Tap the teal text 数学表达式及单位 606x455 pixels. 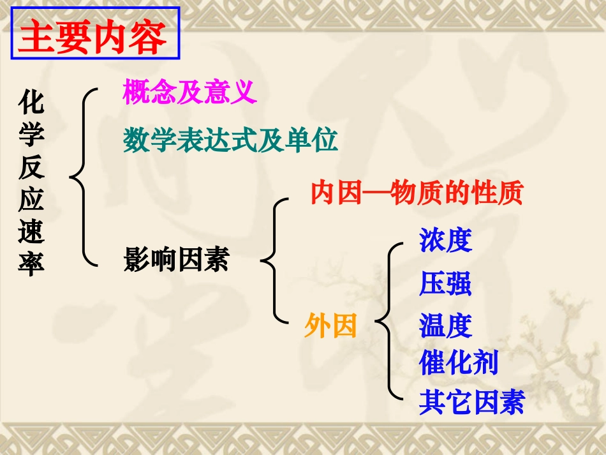pos(230,140)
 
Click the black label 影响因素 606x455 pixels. pos(176,260)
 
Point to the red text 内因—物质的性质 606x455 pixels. pos(417,193)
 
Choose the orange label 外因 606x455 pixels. pos(330,326)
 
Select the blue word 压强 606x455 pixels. pos(445,284)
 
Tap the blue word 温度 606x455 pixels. pos(445,326)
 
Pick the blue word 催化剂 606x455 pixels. pos(458,363)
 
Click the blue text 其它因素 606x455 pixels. pos(471,403)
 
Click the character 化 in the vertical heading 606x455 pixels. pos(31,101)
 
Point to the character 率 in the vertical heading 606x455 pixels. pos(31,263)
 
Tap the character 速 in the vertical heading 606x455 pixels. pos(31,231)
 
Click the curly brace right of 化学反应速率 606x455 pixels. pos(83,176)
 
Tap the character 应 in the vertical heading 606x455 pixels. pos(31,199)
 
